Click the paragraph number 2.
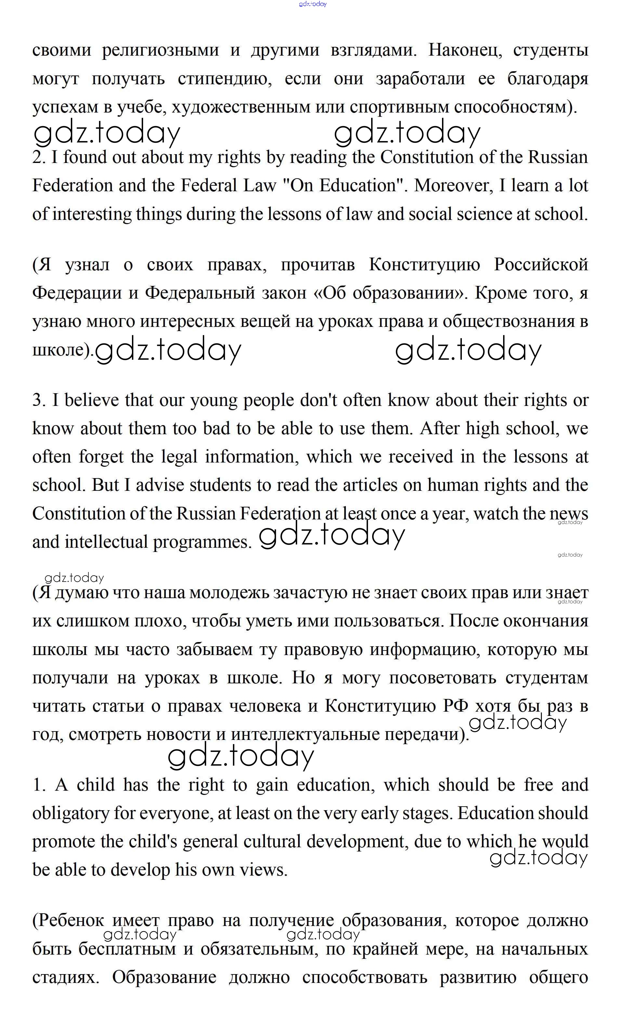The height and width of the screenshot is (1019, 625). click(39, 157)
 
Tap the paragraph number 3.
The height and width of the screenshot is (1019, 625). click(39, 400)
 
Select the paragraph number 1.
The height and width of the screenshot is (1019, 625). click(39, 785)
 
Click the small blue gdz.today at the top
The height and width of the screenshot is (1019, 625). click(313, 4)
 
